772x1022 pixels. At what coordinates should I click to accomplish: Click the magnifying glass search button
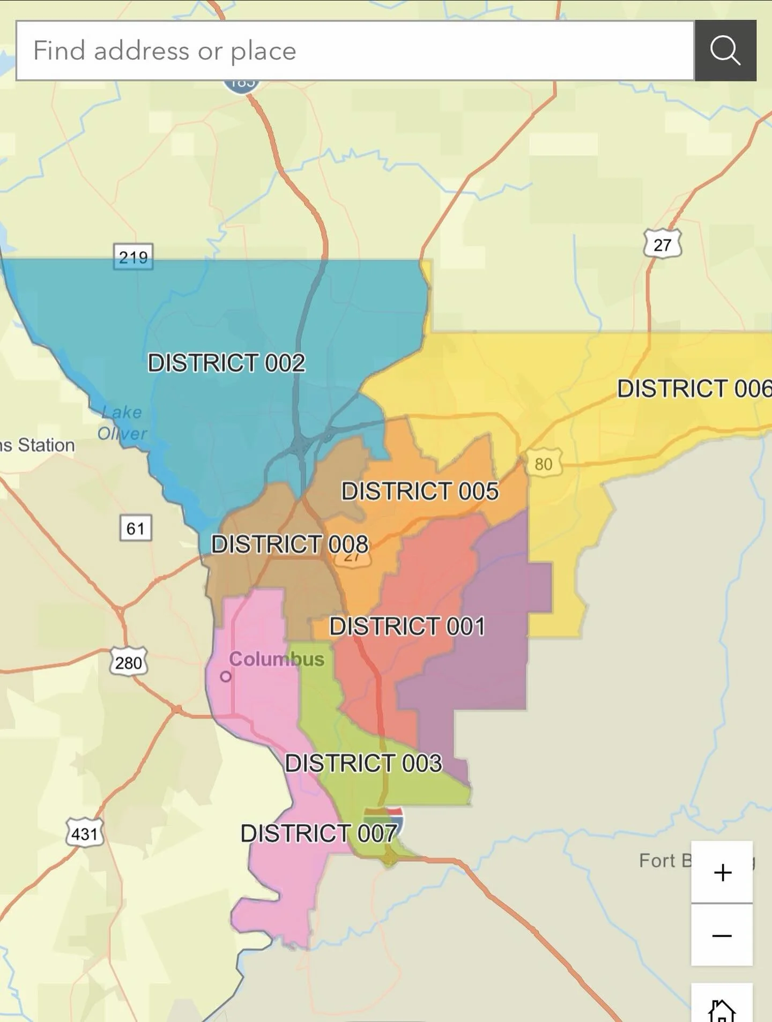725,51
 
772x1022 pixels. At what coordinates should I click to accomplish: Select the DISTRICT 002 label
226,363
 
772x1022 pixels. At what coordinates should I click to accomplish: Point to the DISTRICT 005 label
420,491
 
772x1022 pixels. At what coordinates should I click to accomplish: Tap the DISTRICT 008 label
289,544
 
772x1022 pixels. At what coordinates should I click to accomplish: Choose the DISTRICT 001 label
407,626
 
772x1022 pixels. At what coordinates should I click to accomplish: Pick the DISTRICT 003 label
363,763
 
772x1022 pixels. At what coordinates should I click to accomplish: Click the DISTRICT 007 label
318,833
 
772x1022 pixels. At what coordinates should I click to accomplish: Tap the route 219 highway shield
133,257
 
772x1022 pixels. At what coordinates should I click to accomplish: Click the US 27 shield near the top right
663,244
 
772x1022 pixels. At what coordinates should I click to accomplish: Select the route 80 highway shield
543,464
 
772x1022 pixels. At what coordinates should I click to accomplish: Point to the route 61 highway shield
135,528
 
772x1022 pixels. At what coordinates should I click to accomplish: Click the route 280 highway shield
129,662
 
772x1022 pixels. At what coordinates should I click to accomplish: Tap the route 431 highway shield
85,833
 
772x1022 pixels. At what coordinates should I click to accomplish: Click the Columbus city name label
277,659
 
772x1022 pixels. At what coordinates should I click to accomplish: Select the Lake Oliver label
122,423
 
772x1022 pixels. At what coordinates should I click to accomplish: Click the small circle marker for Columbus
226,676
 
